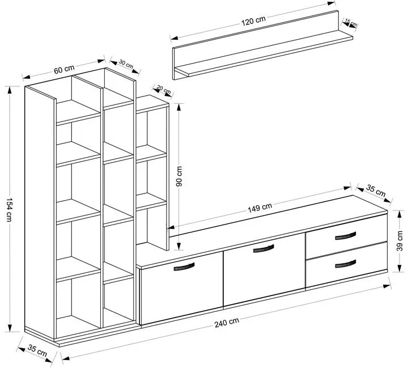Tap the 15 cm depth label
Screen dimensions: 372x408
tap(351, 23)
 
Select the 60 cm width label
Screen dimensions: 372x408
tap(63, 69)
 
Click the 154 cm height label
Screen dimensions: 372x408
tap(9, 208)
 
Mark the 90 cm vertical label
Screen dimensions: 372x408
tap(179, 176)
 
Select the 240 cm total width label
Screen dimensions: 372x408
tap(226, 324)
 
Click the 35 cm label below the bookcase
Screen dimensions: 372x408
tap(38, 352)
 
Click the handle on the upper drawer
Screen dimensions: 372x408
tap(345, 235)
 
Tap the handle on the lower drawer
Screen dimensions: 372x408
tap(345, 263)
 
